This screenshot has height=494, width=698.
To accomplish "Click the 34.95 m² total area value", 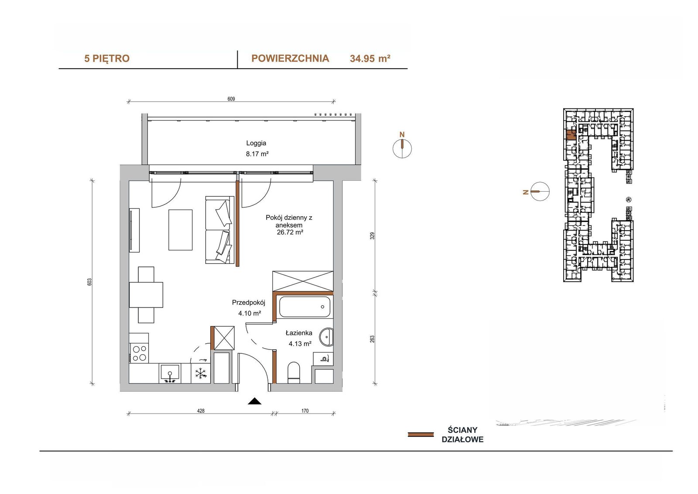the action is click(370, 59).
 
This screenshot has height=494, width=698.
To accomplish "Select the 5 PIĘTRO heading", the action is click(107, 59).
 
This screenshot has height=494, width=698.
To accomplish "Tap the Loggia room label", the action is click(256, 143).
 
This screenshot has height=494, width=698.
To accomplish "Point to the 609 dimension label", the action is click(231, 99).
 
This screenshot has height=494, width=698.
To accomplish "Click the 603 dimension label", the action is click(90, 282).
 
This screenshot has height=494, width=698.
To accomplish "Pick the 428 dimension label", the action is click(201, 411).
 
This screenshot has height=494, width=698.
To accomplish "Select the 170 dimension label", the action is click(305, 411).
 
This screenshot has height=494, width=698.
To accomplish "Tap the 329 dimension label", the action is click(372, 235).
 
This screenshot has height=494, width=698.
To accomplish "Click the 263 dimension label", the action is click(372, 339).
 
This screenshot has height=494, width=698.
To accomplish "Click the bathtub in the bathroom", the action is click(305, 307).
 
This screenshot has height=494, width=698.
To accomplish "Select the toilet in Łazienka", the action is click(294, 372).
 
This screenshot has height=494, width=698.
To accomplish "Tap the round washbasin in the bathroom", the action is click(327, 337).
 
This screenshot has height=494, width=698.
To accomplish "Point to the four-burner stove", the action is click(139, 353).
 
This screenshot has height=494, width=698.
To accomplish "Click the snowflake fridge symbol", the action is click(201, 373).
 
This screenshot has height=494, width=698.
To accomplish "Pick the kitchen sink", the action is click(170, 373).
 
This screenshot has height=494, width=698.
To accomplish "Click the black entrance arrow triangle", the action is click(255, 401).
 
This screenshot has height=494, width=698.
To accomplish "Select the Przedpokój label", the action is click(248, 302).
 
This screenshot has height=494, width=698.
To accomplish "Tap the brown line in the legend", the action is click(421, 435).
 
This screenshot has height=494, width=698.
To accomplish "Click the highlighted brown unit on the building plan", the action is click(571, 135).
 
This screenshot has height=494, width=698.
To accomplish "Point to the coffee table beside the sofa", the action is click(181, 230).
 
